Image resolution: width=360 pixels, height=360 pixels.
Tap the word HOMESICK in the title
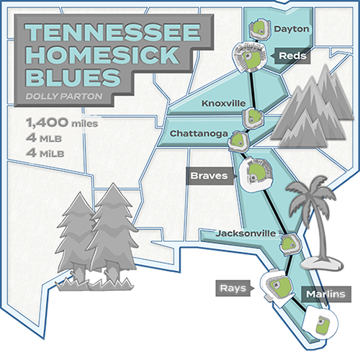[91, 56]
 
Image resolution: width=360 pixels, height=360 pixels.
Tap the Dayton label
[292, 29]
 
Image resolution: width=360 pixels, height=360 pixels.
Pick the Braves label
[210, 174]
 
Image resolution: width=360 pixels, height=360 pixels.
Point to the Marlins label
[323, 294]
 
